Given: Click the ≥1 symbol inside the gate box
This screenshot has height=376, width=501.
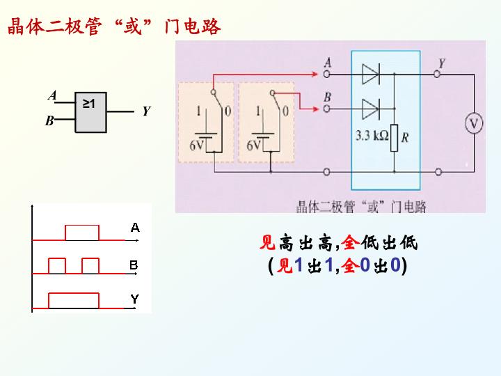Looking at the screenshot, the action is pyautogui.click(x=89, y=104).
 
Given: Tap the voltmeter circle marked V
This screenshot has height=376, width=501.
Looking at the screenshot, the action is pyautogui.click(x=474, y=123).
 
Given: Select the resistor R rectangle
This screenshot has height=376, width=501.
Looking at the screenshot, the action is pyautogui.click(x=394, y=138).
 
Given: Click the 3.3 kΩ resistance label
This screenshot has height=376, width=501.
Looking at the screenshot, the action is pyautogui.click(x=372, y=136).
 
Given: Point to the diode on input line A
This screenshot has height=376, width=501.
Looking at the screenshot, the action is pyautogui.click(x=371, y=74).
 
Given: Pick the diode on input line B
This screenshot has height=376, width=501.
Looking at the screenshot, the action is pyautogui.click(x=371, y=109).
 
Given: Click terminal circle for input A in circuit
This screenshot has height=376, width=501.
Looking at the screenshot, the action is pyautogui.click(x=326, y=75).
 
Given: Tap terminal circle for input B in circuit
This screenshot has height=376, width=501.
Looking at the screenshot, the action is pyautogui.click(x=326, y=109).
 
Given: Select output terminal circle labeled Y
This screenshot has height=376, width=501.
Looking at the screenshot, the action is pyautogui.click(x=437, y=75).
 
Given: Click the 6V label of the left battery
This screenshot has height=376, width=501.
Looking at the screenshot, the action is pyautogui.click(x=196, y=146).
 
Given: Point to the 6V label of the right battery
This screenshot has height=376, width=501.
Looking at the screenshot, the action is pyautogui.click(x=253, y=146).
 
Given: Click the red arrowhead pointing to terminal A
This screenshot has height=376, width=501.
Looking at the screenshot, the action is pyautogui.click(x=315, y=75).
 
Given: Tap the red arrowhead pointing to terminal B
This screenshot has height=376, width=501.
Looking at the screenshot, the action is pyautogui.click(x=316, y=109).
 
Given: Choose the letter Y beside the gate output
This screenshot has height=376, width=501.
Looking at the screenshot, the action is pyautogui.click(x=146, y=111).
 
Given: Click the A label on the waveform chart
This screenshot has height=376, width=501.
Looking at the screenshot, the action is pyautogui.click(x=135, y=228).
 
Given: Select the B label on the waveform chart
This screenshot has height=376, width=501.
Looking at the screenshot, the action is pyautogui.click(x=134, y=265).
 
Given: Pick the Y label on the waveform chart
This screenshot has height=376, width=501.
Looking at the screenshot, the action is pyautogui.click(x=135, y=299).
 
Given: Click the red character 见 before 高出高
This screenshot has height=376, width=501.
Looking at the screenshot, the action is pyautogui.click(x=267, y=242).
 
